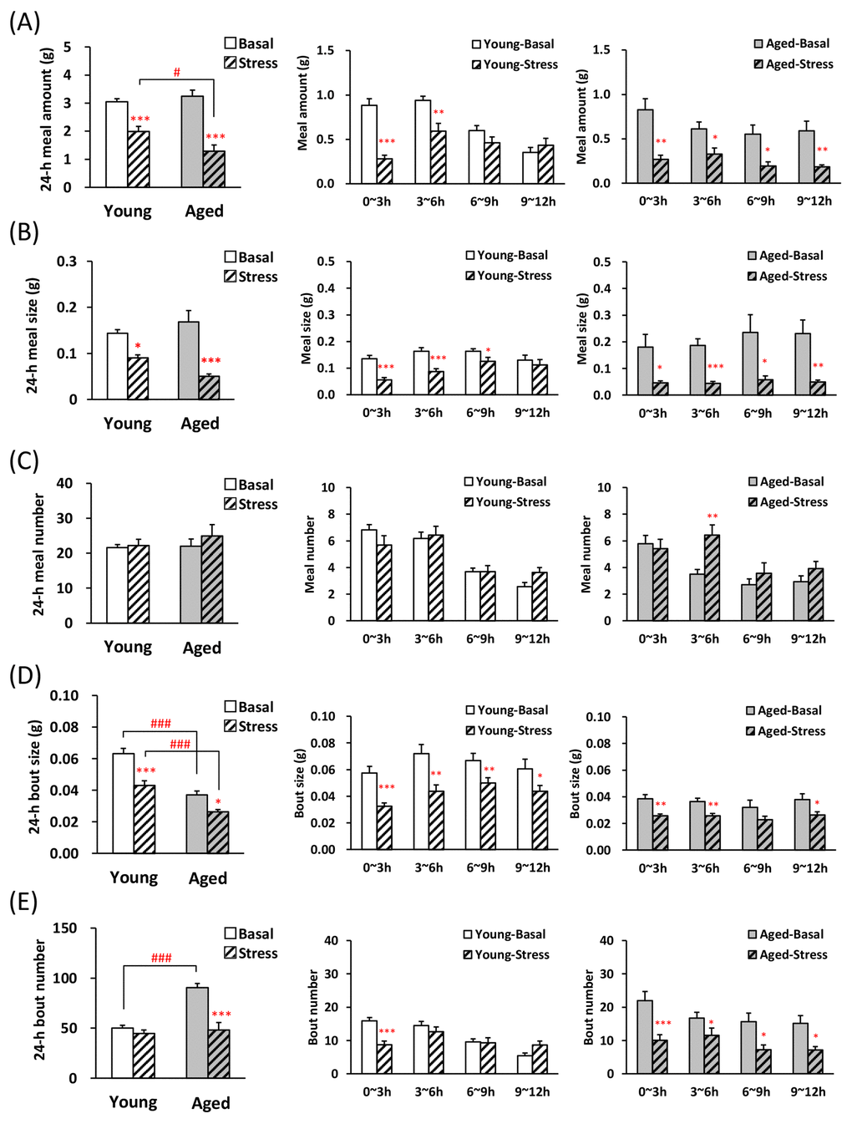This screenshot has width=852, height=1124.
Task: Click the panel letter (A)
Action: coord(24,22)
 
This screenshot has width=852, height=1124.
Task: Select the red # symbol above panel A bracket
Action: coord(176,73)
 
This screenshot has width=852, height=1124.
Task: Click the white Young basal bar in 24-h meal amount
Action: coord(117,144)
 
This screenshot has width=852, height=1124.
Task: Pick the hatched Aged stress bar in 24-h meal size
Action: coord(210,388)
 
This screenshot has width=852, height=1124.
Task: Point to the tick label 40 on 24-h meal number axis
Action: coord(64,483)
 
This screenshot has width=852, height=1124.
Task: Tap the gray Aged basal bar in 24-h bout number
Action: coord(197,1032)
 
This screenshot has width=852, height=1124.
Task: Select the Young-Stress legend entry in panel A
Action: coord(514,64)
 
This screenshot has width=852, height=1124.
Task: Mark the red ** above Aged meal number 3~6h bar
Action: coord(712,516)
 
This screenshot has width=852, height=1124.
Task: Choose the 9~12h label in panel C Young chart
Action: coord(532,639)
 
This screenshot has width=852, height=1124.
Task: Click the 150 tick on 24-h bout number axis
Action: coord(64,928)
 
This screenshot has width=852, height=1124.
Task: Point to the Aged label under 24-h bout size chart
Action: coord(208,878)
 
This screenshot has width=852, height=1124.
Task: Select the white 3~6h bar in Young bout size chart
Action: coord(421,801)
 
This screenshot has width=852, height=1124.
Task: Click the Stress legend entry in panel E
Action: coord(251,954)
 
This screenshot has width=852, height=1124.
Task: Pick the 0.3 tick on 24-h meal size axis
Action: coord(67,262)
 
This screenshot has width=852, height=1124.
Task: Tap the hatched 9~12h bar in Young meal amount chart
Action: coord(545,164)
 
